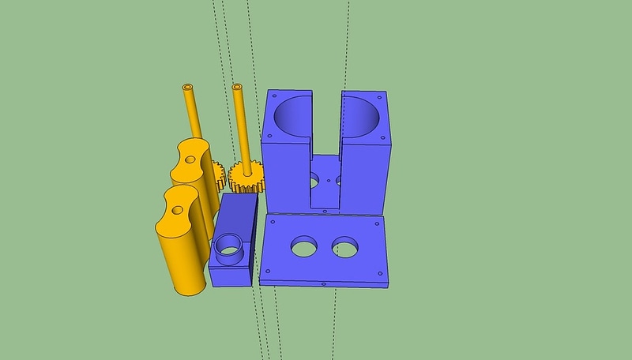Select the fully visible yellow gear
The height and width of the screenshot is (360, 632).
pos(244,178)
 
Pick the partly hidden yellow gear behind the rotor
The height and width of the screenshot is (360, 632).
pos(218,174)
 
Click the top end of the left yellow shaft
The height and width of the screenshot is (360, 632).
pos(188,84)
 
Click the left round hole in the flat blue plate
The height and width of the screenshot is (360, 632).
pos(303,247)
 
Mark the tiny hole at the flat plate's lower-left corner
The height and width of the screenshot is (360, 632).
pos(265,272)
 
